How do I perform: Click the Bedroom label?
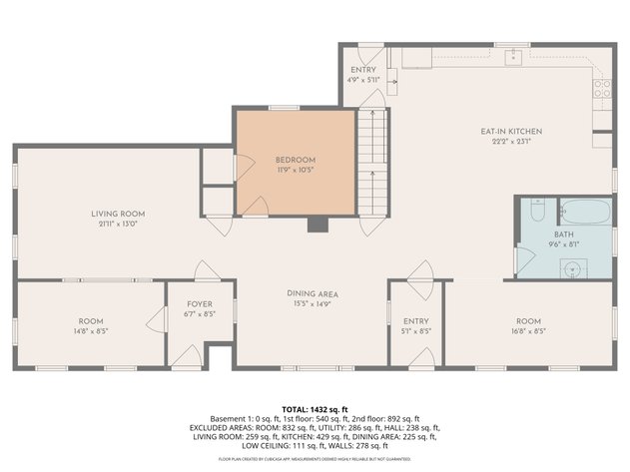(x=296, y=160)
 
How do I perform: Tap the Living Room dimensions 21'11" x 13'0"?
(x=119, y=224)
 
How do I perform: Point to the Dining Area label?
(x=312, y=293)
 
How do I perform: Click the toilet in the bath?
(x=536, y=212)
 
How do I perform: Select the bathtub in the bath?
(x=581, y=211)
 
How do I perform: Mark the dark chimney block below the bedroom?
(x=317, y=224)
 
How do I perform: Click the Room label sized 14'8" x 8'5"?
(x=91, y=321)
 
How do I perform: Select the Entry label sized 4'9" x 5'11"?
(x=362, y=70)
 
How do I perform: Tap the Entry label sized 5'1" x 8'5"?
(x=409, y=321)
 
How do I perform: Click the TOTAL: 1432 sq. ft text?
(x=315, y=409)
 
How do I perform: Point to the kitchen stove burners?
(x=602, y=90)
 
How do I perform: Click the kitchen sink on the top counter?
(x=513, y=56)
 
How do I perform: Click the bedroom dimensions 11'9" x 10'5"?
(x=296, y=170)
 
